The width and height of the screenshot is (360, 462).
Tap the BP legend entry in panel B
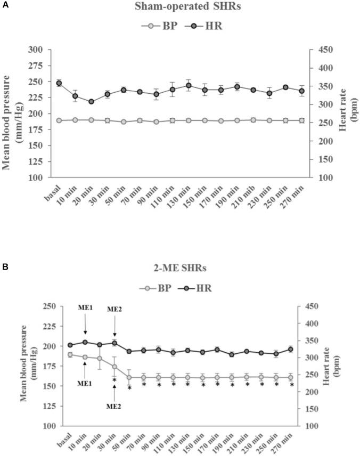coord(158,288)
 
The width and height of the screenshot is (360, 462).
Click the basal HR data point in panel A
coord(59,83)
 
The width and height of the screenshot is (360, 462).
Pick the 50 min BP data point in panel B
coord(129,377)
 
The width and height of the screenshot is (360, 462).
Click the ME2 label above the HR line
coord(114,309)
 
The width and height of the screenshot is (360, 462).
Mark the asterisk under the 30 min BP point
coord(114,380)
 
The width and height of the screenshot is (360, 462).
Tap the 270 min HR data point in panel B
coord(291,350)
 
